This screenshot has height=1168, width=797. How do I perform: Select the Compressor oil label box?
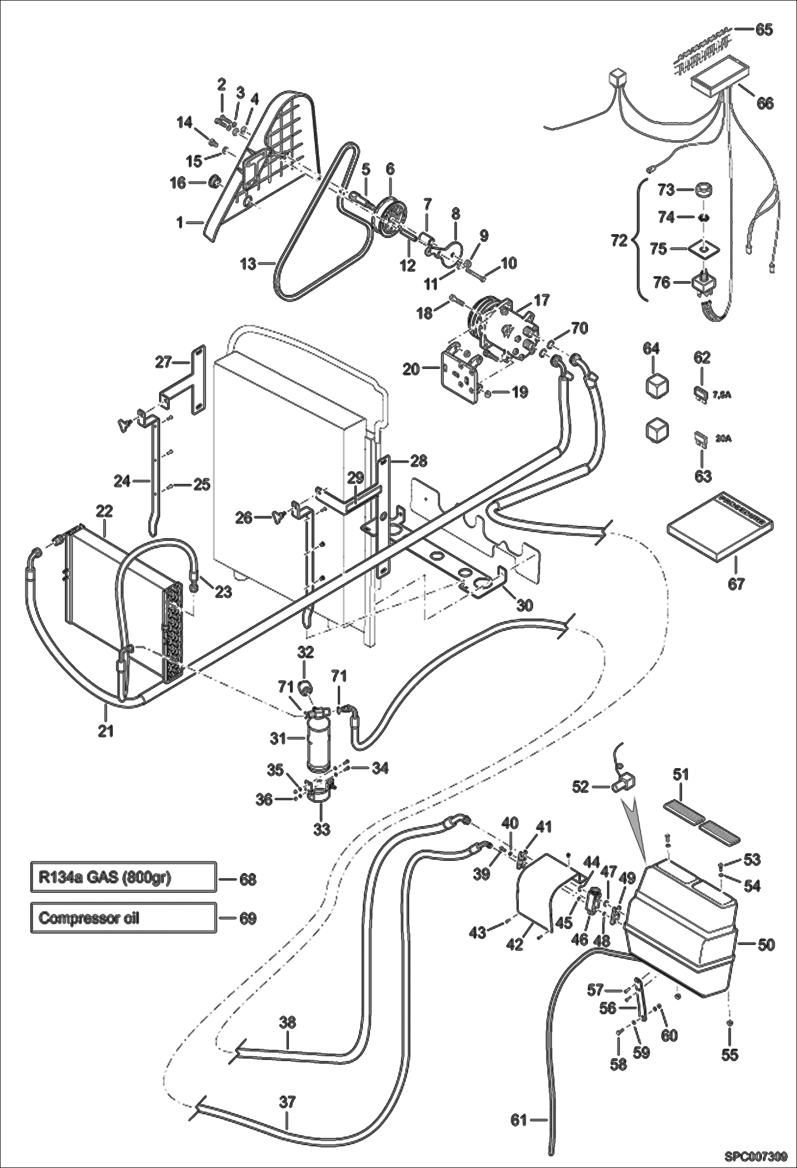point(123,918)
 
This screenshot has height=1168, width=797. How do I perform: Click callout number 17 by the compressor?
point(541,300)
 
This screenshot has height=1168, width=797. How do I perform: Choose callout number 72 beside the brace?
point(619,241)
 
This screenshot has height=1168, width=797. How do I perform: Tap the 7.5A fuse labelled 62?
point(699,393)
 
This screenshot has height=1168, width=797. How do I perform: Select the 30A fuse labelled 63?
point(698,440)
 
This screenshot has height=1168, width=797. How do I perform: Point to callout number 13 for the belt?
point(248,264)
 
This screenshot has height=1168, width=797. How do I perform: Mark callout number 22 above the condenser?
point(104,511)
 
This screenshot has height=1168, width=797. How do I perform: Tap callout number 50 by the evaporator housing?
point(766,945)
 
